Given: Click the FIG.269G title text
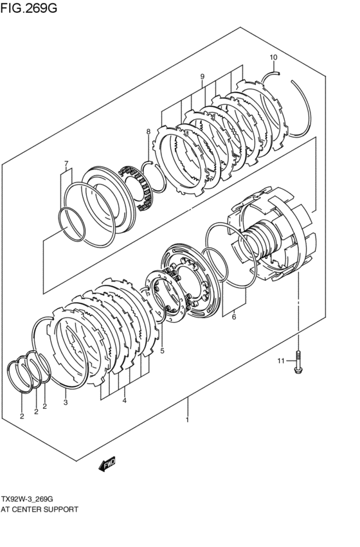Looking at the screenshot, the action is click(28, 7).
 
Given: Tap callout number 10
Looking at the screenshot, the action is click(273, 57).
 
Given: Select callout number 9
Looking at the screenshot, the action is click(203, 76).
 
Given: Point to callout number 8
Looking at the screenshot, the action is click(148, 132).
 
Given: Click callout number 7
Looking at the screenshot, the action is click(66, 163).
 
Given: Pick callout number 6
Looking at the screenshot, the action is click(234, 317).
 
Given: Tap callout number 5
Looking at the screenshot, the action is click(162, 351).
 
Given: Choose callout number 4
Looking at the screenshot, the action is click(124, 400).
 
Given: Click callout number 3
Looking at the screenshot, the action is click(66, 402).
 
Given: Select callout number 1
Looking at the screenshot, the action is click(187, 419).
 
